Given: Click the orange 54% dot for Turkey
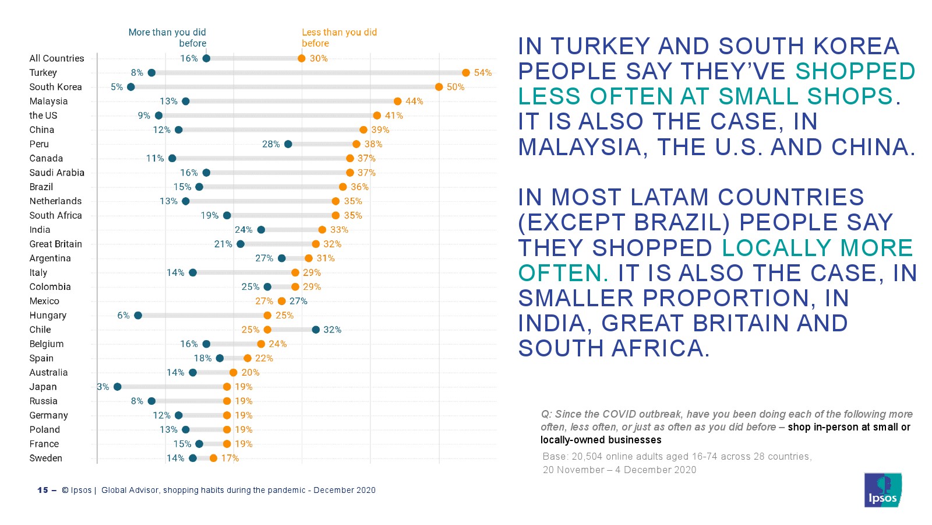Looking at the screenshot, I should coord(466,73).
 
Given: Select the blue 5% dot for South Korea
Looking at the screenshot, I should coord(131,87).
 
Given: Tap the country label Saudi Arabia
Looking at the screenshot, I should coord(57,173).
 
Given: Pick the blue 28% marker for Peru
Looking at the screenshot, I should coord(288,144).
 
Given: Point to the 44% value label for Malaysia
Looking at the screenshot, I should coord(414,101).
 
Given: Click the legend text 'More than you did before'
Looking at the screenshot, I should coord(167,38).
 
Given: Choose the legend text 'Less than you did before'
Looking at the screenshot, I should coord(339,38).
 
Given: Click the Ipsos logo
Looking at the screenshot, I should coord(882,490).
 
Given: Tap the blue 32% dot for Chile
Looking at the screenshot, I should coord(316,330).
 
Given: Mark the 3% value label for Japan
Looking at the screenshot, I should coord(103,387).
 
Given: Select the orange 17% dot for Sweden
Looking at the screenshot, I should coord(213,459).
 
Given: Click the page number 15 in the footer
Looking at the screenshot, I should coord(43,491).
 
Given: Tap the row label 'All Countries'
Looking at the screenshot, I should coord(57,58).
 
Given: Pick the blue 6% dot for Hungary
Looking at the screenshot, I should coord(138,316).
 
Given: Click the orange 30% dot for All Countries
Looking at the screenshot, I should coord(302,58).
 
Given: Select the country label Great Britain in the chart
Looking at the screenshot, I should coord(55,244).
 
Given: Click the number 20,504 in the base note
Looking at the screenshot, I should coord(588,457).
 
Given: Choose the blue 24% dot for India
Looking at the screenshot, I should coord(261,230).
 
